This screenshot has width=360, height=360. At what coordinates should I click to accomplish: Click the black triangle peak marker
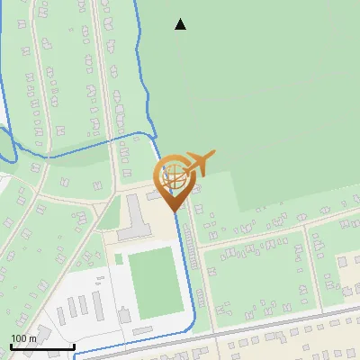click(x=180, y=24)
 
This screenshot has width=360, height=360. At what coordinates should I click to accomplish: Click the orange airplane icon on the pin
click(x=198, y=163)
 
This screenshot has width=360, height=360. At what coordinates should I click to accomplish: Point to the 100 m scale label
click(x=23, y=338)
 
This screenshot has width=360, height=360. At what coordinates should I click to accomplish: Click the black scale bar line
click(x=41, y=346)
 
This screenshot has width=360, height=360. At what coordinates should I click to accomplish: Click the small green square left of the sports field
click(x=118, y=259)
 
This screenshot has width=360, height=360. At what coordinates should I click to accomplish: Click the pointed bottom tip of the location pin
click(x=175, y=211)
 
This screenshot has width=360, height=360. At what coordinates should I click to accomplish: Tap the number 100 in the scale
click(x=19, y=338)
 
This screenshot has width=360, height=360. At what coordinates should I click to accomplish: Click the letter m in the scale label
click(x=32, y=338)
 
